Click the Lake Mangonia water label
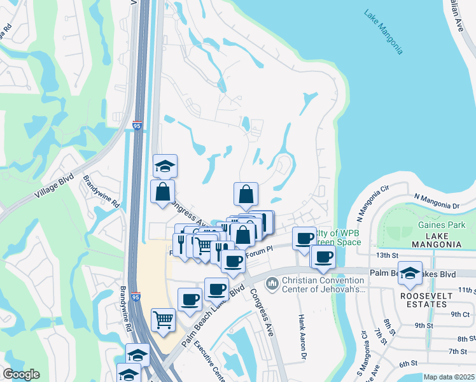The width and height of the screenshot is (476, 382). (384, 31)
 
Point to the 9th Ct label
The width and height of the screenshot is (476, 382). (459, 314)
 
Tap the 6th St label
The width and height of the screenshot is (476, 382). (407, 364)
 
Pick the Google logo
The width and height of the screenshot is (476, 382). (21, 374)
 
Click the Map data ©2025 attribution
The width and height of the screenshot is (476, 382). (449, 377)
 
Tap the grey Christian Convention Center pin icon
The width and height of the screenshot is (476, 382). (272, 281)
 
